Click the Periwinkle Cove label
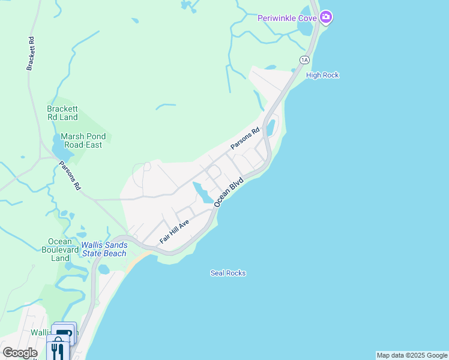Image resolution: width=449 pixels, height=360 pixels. point(287,18)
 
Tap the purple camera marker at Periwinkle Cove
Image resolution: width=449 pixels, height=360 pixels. point(326,17)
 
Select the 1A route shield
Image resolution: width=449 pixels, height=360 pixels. point(304,59)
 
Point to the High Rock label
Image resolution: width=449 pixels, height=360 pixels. point(322,75)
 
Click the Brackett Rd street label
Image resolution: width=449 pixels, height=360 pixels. point(29,53)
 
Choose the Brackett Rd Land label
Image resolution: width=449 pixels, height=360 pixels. point(62,113)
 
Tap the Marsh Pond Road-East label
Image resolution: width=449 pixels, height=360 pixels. point(81,140)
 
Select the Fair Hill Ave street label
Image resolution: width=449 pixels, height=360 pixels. point(174,231)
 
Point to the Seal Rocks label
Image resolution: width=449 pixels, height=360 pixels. point(228,273)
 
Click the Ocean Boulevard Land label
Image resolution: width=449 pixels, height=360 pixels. point(60,250)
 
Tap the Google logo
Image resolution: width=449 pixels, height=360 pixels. point(20,353)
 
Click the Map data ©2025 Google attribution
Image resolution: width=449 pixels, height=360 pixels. point(412,355)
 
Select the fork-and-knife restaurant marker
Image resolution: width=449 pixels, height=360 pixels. point(58,350)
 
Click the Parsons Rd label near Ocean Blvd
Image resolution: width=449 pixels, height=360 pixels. point(245,139)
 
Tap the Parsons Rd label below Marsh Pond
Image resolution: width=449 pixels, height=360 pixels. point(70,176)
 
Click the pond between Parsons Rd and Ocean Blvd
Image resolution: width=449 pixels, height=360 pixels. point(202,194)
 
